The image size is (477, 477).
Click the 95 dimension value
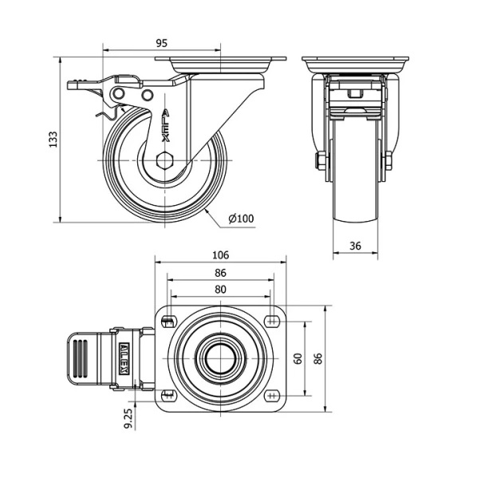(x=162, y=43)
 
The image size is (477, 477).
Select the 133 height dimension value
(x=53, y=140)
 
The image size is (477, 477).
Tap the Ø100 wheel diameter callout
(x=241, y=219)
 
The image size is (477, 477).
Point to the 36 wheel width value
(x=355, y=246)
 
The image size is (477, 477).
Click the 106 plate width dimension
(x=220, y=255)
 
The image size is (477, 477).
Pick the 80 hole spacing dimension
(x=220, y=290)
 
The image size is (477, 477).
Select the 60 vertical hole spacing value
(x=298, y=358)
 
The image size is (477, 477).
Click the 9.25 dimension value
(x=128, y=418)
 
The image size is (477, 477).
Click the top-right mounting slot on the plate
(x=272, y=321)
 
